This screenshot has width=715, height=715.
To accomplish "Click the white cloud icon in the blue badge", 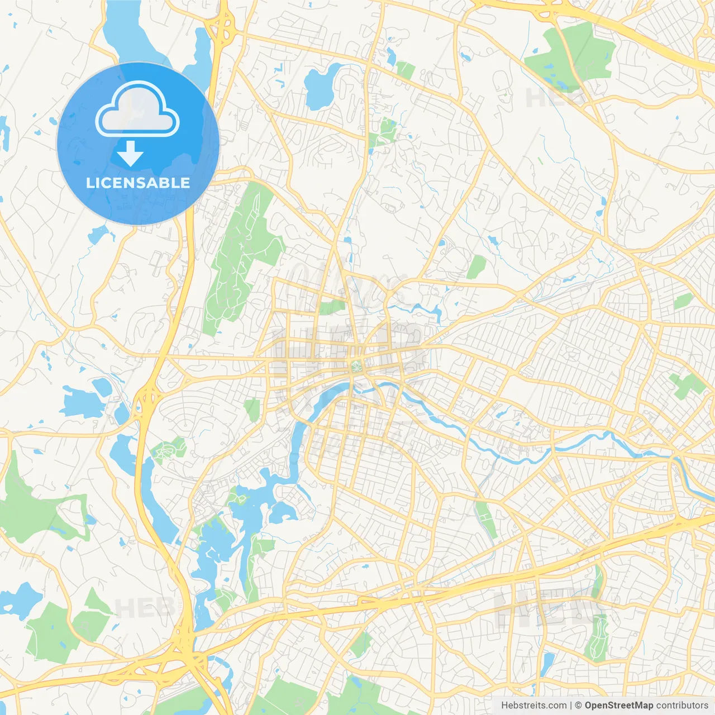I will click(137, 109).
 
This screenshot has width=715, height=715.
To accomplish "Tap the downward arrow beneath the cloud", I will click(131, 154).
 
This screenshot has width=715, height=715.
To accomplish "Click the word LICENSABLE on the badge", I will click(138, 183).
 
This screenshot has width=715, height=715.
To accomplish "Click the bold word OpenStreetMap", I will click(618, 706).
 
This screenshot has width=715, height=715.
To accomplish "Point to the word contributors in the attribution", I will click(682, 706).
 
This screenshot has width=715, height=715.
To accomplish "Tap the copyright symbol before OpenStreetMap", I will click(579, 706).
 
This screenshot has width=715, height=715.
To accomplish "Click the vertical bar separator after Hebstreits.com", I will click(571, 706).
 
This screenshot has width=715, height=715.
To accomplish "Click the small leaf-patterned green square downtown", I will click(355, 367).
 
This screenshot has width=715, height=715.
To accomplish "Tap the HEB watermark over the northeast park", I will click(553, 98).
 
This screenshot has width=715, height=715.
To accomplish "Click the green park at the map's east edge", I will click(687, 385).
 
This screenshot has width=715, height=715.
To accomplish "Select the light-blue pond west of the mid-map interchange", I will click(81, 402).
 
